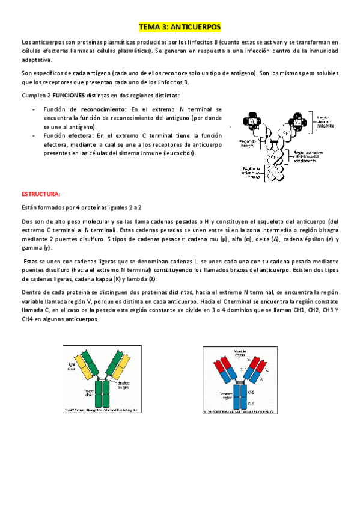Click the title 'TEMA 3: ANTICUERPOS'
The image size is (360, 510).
(x=180, y=27)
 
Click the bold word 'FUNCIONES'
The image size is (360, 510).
(x=68, y=96)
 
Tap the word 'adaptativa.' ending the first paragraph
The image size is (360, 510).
(x=37, y=60)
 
